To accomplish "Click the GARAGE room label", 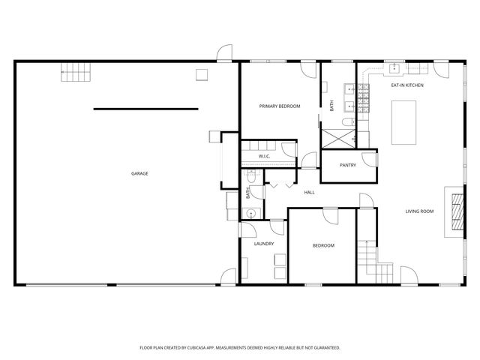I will [x=139, y=174].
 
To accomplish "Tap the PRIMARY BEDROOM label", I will [x=280, y=106].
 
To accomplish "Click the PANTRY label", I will [x=347, y=165].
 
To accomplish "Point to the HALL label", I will [x=309, y=193].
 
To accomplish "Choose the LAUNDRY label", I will [x=263, y=244].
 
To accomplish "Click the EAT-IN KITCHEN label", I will [x=407, y=86].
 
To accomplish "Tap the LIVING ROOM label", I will [x=420, y=211].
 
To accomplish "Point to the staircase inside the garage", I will [x=75, y=73].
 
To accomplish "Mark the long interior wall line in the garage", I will [x=145, y=109].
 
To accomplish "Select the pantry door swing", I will [x=367, y=159].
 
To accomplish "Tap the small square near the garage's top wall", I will [x=201, y=73].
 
